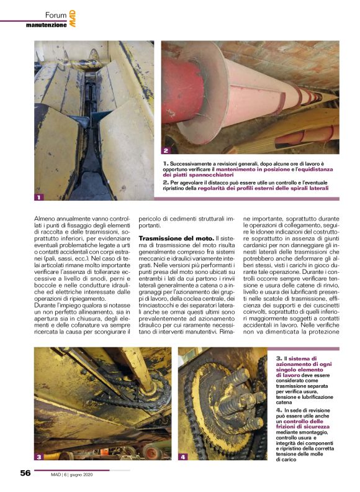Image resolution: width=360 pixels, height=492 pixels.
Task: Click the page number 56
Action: [25, 473]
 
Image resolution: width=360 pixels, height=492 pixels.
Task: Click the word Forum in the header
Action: [55, 14]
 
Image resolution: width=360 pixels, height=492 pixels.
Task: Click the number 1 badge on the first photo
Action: [39, 198]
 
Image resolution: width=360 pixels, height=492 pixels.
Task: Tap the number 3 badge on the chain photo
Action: [39, 457]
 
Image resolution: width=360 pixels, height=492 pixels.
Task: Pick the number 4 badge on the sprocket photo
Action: [183, 457]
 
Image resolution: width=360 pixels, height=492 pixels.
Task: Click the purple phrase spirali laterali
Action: [304, 187]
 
